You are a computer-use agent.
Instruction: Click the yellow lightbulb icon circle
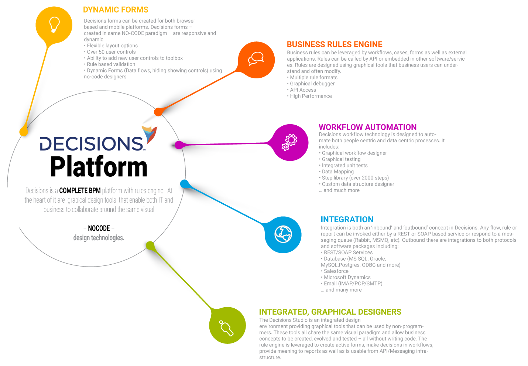pos(54,25)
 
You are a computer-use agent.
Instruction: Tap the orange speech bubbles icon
pos(256,60)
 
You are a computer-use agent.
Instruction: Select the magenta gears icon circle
pos(290,142)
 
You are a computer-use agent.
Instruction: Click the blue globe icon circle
pos(283,234)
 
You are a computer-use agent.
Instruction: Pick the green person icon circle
pos(227,326)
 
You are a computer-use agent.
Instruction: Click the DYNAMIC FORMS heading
pos(116,10)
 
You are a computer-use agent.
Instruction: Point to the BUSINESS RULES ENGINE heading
pos(335,44)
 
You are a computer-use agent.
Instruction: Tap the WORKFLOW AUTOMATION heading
pos(368,127)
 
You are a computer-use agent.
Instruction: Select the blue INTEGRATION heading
pos(347,220)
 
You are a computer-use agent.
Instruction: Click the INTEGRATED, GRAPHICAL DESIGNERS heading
pos(330,312)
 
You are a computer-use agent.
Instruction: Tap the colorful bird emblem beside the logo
pos(150,133)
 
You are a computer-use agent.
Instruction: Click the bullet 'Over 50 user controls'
pos(111,52)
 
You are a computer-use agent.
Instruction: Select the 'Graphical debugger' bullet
pos(312,84)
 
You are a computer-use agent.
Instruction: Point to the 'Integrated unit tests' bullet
pos(344,166)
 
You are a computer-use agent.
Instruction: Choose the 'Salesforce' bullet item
pos(336,271)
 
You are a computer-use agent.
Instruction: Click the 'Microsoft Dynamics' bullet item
pos(347,277)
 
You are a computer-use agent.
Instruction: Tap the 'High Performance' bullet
pos(311,96)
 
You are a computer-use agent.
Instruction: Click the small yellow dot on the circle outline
pos(24,131)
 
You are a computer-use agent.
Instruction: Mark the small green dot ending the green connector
pos(150,245)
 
